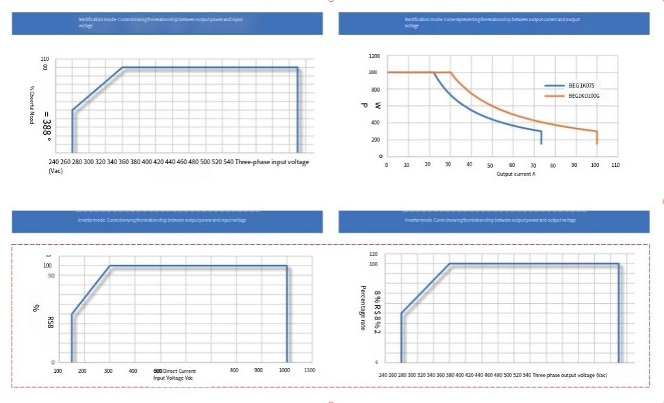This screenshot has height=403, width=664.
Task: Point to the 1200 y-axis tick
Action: tap(374, 56)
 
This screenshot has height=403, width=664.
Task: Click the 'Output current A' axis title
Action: tap(515, 174)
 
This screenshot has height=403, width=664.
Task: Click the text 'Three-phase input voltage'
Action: tap(272, 162)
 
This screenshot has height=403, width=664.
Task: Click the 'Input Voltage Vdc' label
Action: tap(174, 378)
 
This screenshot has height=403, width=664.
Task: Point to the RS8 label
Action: tap(51, 322)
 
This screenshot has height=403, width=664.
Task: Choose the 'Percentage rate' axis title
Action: tap(363, 308)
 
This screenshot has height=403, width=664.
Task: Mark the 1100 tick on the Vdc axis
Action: tap(309, 370)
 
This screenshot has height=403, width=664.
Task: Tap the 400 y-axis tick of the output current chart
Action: tap(374, 123)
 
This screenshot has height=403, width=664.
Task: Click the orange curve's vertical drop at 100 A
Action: tap(597, 137)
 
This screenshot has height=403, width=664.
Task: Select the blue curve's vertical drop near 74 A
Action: tap(541, 137)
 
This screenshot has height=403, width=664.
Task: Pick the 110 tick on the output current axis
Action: tap(615, 165)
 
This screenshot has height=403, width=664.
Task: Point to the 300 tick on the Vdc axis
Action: tap(108, 370)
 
